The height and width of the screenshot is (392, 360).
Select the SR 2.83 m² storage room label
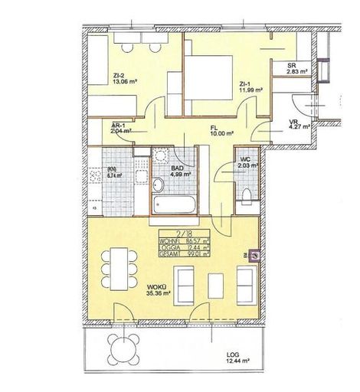tap(292, 68)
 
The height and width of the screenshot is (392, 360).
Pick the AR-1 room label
tap(119, 128)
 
